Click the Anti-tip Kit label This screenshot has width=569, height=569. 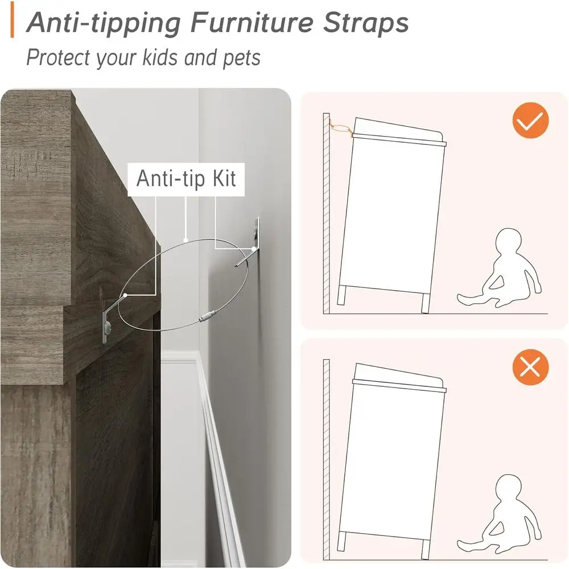tap(186, 178)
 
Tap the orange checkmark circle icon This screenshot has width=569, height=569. tap(530, 120)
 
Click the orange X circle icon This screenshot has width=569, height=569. tap(530, 368)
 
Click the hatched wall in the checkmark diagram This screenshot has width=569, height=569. tap(326, 216)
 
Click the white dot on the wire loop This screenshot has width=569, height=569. tap(186, 241)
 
